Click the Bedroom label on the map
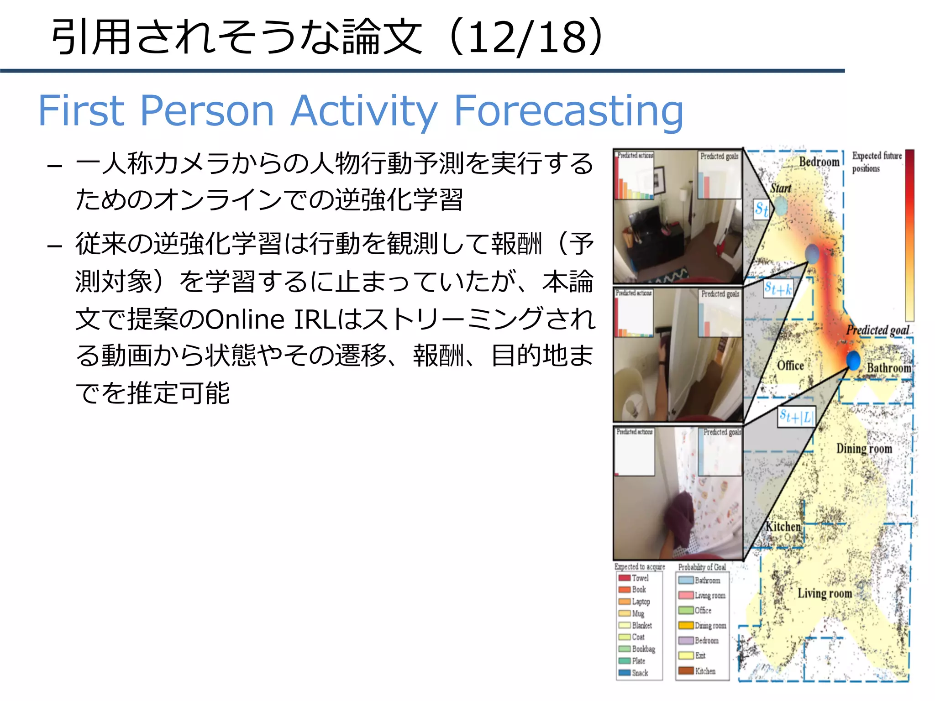[x=819, y=162]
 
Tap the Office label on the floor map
[x=790, y=366]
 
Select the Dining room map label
[x=864, y=449]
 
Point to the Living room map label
[x=825, y=593]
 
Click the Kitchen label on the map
[x=783, y=527]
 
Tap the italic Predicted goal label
[x=877, y=330]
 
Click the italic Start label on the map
[x=781, y=188]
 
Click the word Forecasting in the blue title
[x=568, y=111]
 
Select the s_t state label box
[x=761, y=209]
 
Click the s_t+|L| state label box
[x=796, y=417]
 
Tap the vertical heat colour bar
[x=909, y=235]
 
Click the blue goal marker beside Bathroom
[x=853, y=360]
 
